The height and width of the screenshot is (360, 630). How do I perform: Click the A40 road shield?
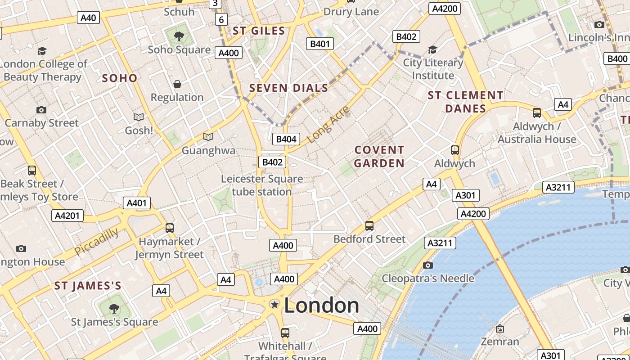point(88,18)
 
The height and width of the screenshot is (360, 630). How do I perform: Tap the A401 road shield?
point(137,203)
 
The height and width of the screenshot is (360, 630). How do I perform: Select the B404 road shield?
point(286,139)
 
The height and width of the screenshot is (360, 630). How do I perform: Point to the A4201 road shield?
point(67,216)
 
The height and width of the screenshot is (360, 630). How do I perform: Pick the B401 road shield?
point(320,44)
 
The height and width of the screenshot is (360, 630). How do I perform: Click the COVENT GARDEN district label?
point(379,156)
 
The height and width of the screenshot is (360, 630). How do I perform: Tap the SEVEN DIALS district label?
point(289,88)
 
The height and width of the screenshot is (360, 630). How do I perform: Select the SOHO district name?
point(120,78)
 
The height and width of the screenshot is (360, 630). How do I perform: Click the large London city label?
point(321,306)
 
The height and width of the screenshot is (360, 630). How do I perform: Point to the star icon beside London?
point(274,305)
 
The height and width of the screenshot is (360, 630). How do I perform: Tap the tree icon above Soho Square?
point(179,36)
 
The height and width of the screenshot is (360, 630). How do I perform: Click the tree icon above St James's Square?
point(114,308)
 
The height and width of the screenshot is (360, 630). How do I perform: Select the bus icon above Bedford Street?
point(369,225)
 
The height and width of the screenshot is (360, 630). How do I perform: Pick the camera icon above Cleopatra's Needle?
point(428,265)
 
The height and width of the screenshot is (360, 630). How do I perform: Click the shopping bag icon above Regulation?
point(177,84)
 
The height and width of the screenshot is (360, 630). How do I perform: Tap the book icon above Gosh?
point(139,117)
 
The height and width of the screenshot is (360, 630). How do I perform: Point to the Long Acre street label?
point(329,124)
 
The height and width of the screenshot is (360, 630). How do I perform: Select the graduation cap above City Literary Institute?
point(432,49)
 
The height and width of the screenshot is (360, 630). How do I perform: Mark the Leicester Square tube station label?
point(262,185)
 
